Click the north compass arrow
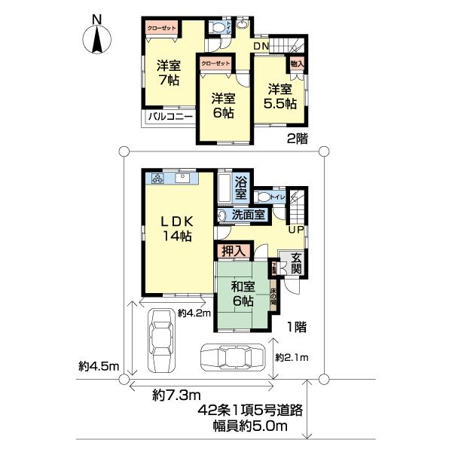click(96, 38)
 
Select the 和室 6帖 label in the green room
click(242, 294)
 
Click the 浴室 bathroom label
click(241, 188)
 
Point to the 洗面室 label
click(248, 215)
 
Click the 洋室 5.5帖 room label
click(279, 96)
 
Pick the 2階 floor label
click(298, 139)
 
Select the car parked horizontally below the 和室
click(234, 359)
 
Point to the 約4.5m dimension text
click(99, 367)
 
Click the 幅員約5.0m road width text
click(249, 427)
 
